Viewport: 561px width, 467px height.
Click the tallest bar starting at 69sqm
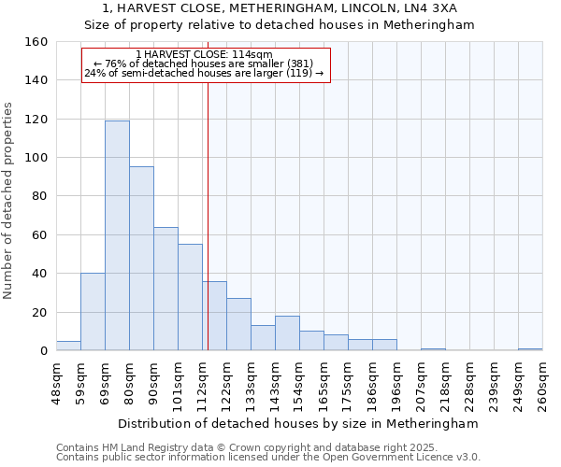coord(117,235)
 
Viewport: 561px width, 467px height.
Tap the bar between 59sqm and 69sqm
coord(93,312)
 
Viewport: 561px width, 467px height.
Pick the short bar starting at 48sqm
coord(68,346)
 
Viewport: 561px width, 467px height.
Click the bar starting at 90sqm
coord(165,289)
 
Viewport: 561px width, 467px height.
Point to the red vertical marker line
coord(208,215)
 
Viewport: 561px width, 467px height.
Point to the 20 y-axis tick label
coord(38,312)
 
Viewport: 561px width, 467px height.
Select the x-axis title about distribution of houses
coord(299,423)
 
